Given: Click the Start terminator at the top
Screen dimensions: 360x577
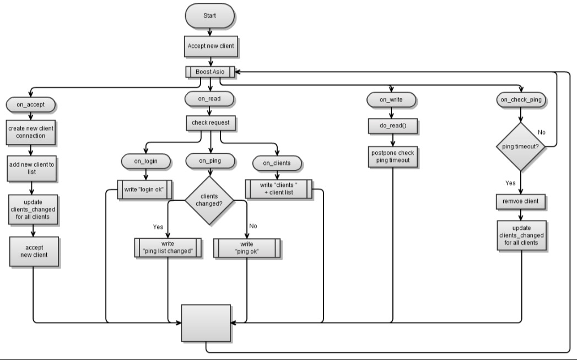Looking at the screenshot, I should [211, 17].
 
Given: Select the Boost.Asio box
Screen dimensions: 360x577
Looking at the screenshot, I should [211, 71].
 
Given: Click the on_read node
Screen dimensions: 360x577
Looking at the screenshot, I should [211, 99].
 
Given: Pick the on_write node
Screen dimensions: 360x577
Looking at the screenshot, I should [392, 100].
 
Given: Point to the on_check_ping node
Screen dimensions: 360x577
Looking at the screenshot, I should [521, 100].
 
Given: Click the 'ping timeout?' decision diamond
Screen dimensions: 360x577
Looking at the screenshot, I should [521, 147].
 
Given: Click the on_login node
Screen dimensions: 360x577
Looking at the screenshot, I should [144, 161].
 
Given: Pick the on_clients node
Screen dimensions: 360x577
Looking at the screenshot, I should [277, 163].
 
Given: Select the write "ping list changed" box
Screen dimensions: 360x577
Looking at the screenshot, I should [168, 248].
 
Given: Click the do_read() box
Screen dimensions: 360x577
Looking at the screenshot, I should [392, 126].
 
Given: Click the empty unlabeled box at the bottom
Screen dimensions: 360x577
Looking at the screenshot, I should [207, 323].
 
